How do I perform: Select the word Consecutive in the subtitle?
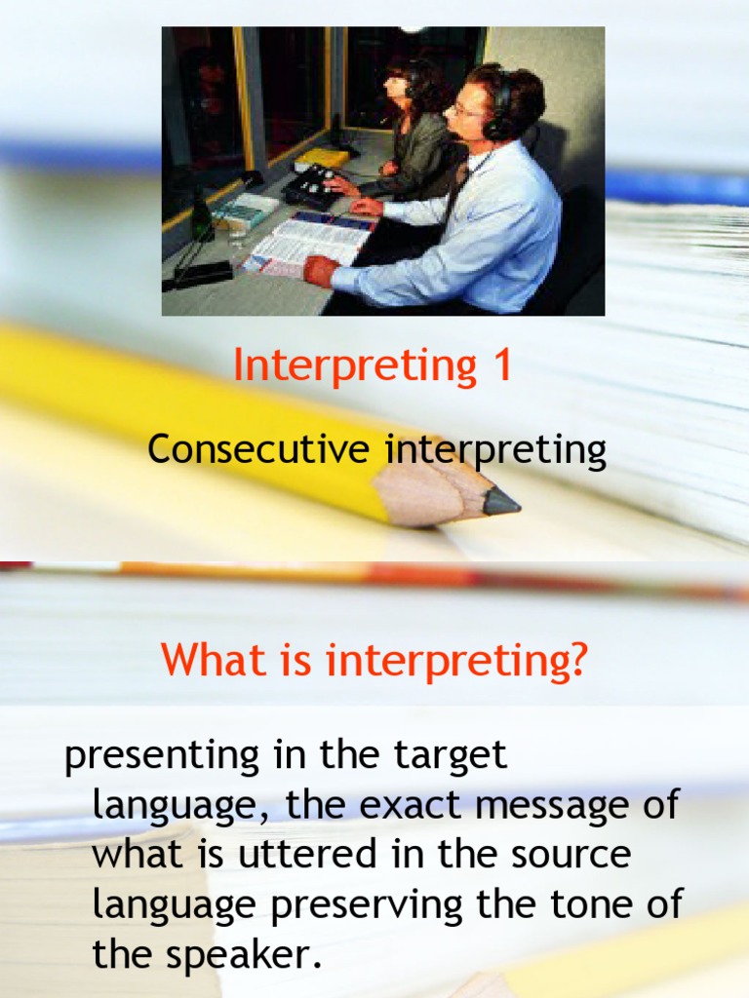click(258, 450)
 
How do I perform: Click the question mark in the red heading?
click(576, 662)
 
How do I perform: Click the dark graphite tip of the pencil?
click(501, 502)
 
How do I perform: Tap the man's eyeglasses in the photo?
click(464, 111)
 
